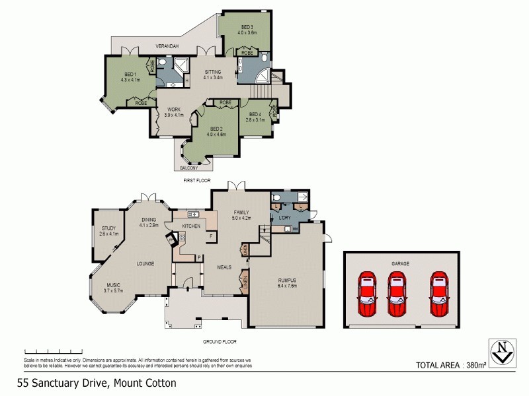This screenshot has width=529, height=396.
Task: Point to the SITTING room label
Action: pyautogui.click(x=212, y=72)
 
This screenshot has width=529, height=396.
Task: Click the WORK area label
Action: pyautogui.click(x=174, y=110)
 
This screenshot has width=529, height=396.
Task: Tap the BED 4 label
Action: pyautogui.click(x=255, y=114)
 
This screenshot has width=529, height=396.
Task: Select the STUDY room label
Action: pyautogui.click(x=108, y=228)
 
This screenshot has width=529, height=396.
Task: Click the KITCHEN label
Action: pyautogui.click(x=192, y=226)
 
